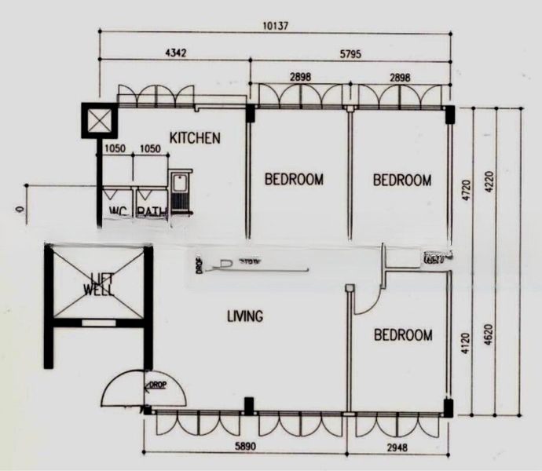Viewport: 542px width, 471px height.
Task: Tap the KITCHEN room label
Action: (195, 138)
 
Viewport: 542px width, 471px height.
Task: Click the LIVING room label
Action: (244, 316)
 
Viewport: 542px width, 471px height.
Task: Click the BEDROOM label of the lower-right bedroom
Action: (402, 335)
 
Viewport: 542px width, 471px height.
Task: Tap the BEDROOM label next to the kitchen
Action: (294, 179)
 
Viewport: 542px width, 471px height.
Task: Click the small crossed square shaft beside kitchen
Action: (99, 121)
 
